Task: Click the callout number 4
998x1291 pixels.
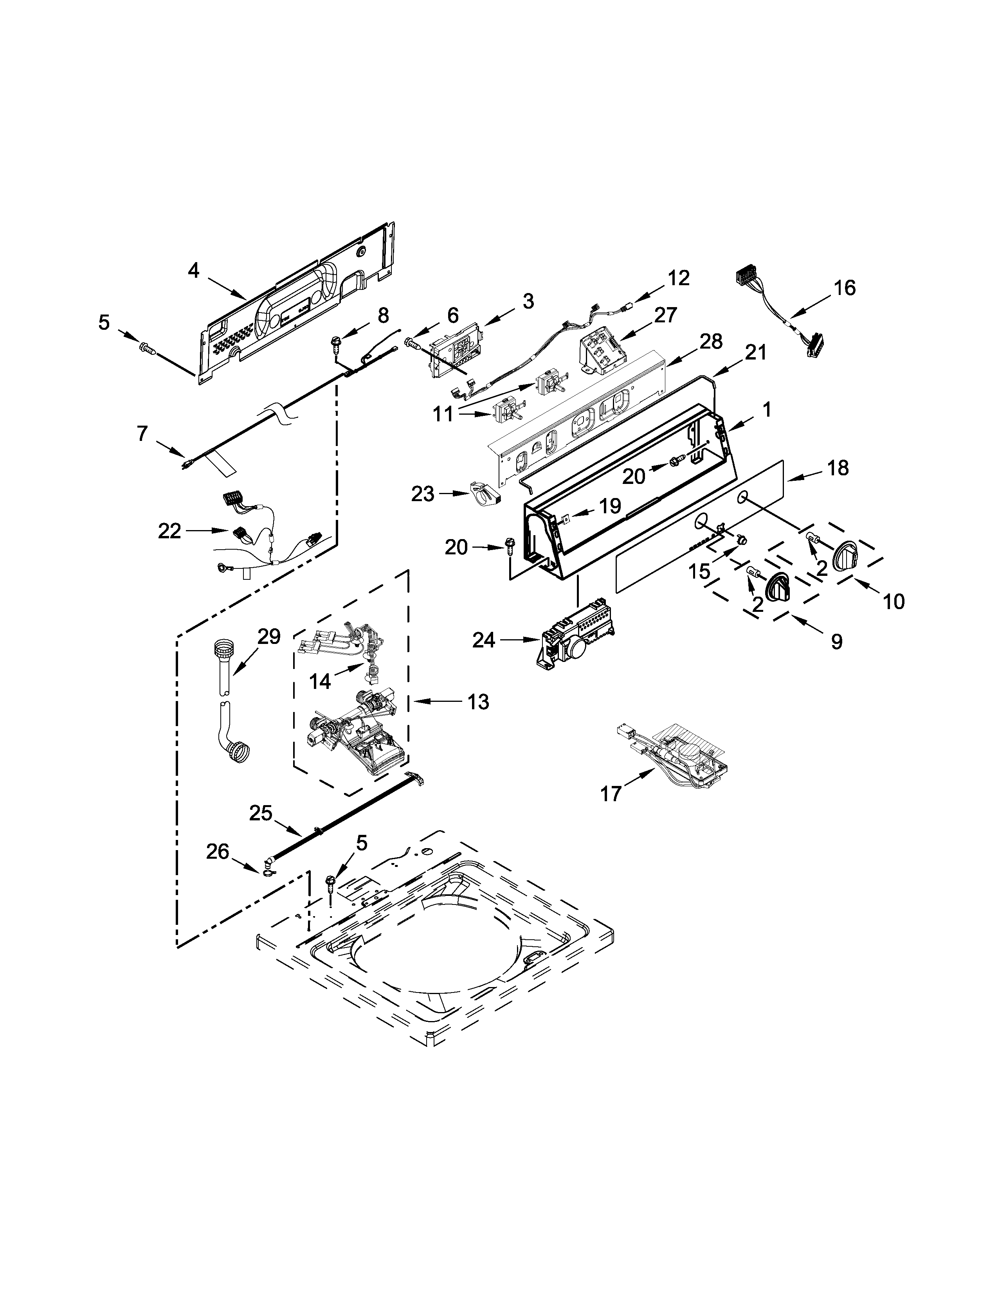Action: (193, 271)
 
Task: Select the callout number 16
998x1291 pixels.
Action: (845, 288)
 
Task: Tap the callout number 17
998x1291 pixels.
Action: (611, 794)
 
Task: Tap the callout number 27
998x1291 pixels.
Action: (665, 315)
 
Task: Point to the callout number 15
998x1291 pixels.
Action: (699, 571)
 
